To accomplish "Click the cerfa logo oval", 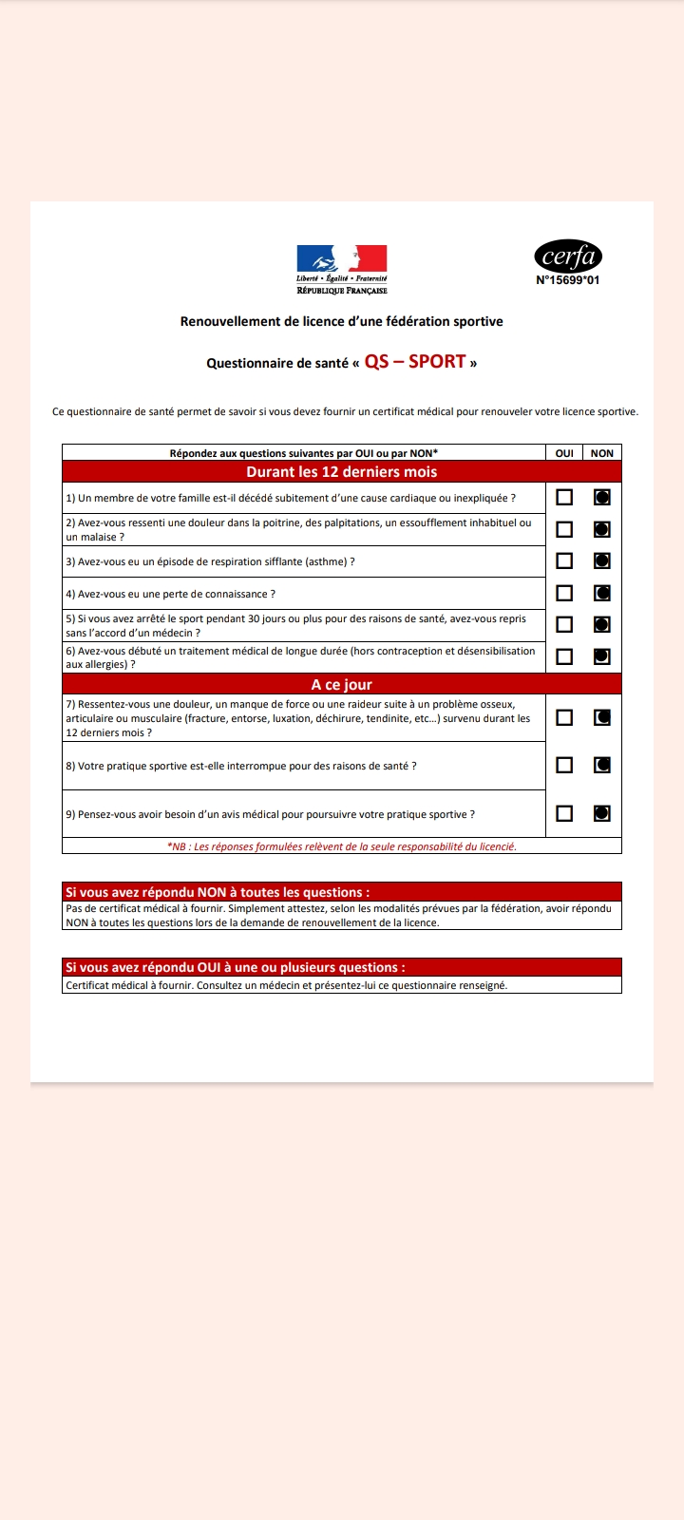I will (x=568, y=256).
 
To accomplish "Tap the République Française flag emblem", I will (x=342, y=258).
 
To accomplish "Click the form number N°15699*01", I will (x=568, y=280).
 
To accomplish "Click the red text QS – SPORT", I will (x=415, y=362).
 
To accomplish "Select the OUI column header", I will (x=564, y=453).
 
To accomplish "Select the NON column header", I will (x=601, y=453).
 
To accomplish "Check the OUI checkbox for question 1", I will (x=564, y=497).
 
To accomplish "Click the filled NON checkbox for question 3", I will (x=601, y=561).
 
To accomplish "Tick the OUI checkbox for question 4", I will (x=564, y=593).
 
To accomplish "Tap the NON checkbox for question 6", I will (x=601, y=656).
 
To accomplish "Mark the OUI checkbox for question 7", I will (x=564, y=717).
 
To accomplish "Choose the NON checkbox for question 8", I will (x=601, y=765).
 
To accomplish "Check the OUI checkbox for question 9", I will (x=564, y=813).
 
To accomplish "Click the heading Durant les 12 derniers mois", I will (x=342, y=472).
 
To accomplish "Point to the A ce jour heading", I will (x=342, y=684).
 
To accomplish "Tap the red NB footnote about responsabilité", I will (x=342, y=846).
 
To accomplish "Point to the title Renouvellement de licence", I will (x=342, y=321).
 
